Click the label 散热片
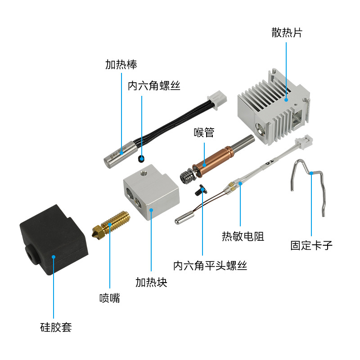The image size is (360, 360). [x=286, y=32]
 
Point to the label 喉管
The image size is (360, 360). [x=204, y=132]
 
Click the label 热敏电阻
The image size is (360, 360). [x=243, y=236]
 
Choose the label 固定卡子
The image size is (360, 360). [x=311, y=246]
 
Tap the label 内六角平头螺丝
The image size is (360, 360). [x=210, y=266]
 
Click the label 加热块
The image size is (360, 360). [x=151, y=283]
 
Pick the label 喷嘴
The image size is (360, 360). [x=110, y=297]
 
